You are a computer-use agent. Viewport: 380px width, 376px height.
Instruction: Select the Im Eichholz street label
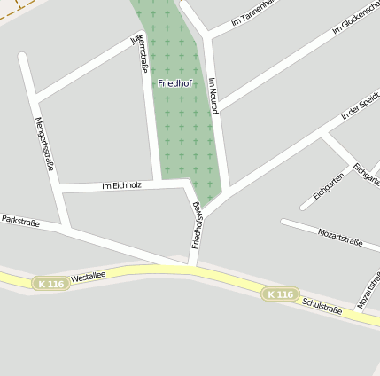pos(121,185)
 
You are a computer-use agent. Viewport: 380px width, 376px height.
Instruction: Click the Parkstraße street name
pos(20,219)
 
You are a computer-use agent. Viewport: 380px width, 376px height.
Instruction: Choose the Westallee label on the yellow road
pos(88,277)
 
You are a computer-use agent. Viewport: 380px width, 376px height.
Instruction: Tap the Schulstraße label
pos(322,306)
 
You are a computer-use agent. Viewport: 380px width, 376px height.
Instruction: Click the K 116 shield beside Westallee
pos(50,283)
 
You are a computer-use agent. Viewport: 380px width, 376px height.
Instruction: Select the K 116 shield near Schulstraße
pos(280,294)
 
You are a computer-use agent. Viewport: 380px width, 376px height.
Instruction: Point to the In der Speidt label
pos(360,105)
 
